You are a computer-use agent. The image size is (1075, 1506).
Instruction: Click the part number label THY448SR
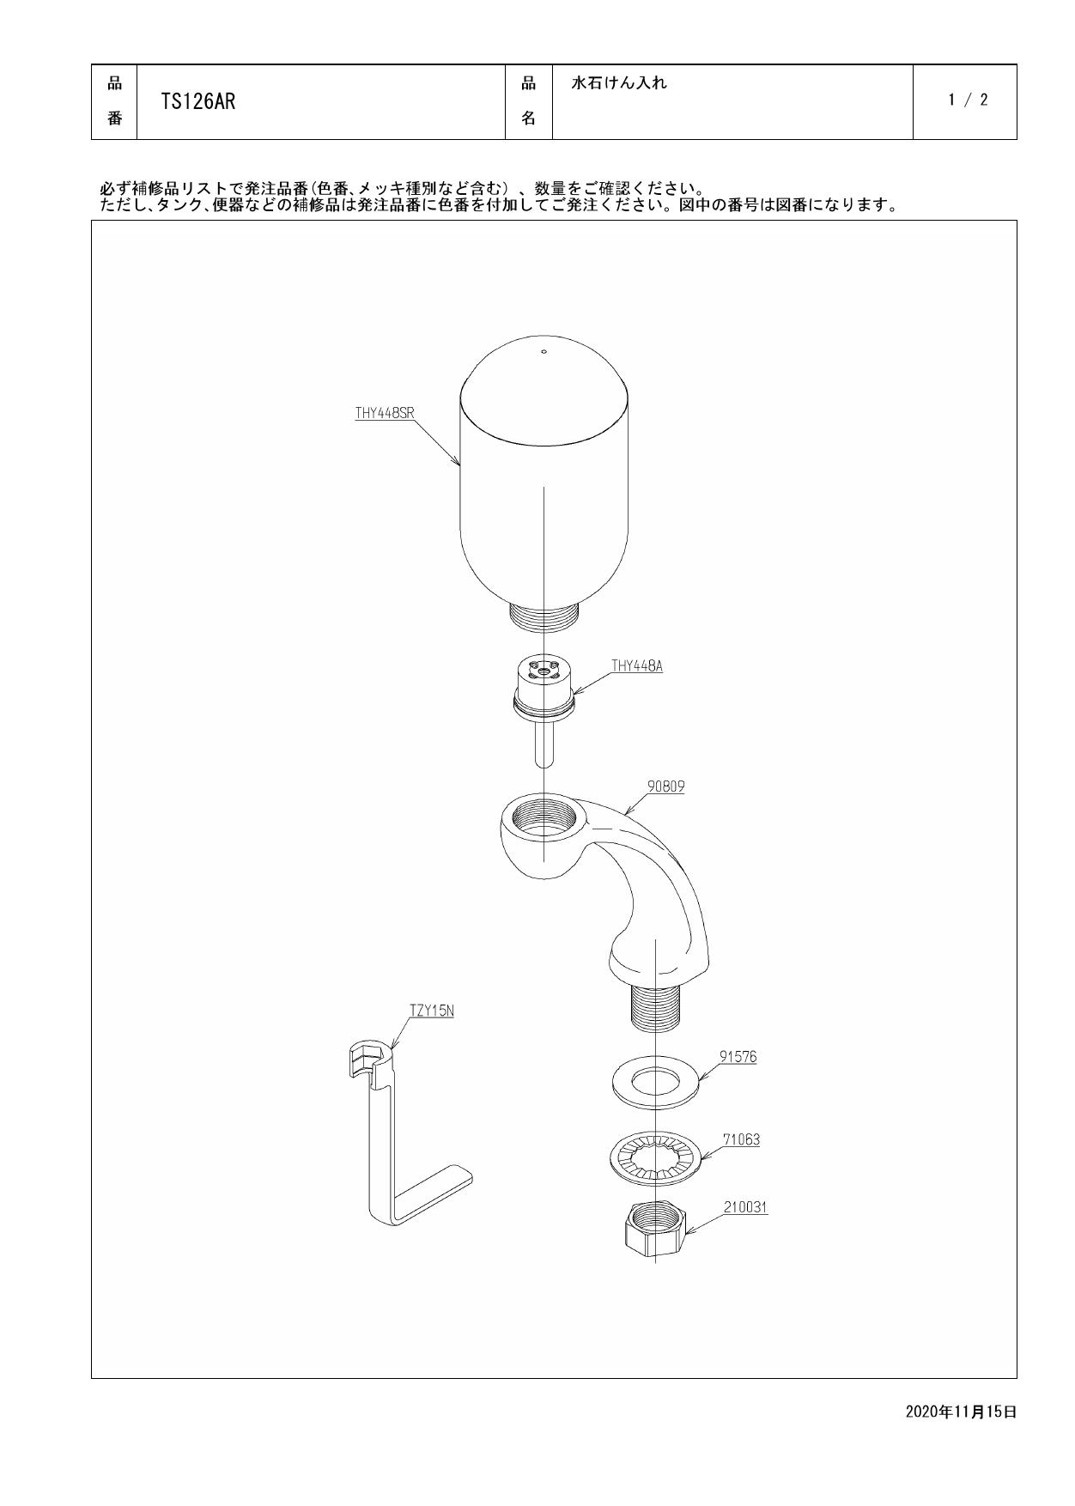385,413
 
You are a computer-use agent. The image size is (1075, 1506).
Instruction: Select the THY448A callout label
637,665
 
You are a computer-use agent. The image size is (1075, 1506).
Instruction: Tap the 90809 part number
665,786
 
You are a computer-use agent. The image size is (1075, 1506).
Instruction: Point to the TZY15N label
432,1011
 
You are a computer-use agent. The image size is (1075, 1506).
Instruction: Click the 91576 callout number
738,1057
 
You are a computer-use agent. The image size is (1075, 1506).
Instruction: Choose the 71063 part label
741,1140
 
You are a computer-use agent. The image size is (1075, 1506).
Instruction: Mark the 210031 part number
745,1207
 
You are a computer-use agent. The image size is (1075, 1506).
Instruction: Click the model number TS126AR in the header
198,102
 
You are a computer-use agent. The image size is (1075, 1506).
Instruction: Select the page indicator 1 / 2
968,100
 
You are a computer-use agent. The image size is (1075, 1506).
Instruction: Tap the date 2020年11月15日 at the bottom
961,1412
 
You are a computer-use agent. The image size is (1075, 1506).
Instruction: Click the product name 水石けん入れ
619,84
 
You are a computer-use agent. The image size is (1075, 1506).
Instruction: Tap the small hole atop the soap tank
543,351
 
